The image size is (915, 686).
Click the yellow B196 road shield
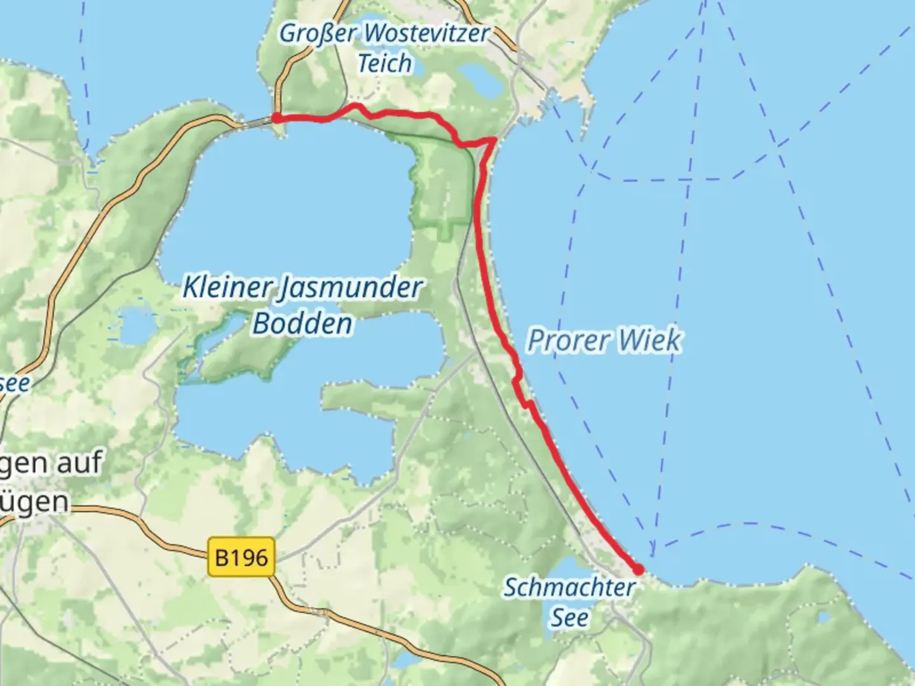241,558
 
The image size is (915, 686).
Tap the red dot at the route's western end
277,118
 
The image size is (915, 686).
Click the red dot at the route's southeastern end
638,570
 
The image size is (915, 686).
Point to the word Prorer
568,340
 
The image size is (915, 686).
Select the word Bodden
302,323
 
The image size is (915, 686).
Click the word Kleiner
227,287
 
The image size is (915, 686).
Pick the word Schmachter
569,588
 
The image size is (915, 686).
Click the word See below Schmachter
569,617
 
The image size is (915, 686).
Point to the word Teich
384,63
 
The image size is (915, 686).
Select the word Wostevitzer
425,33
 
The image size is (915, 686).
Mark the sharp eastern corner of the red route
494,140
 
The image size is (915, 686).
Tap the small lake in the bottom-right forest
824,617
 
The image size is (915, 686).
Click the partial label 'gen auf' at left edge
51,463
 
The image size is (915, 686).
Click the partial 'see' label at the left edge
14,384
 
